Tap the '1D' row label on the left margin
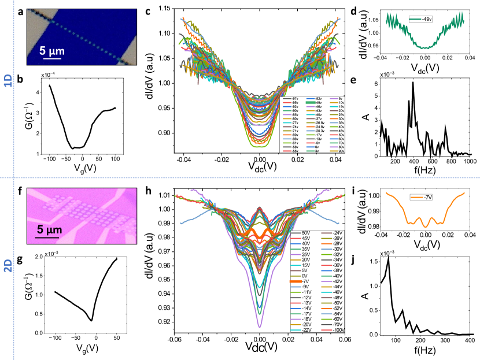(7, 83)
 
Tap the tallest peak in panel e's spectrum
(413, 83)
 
